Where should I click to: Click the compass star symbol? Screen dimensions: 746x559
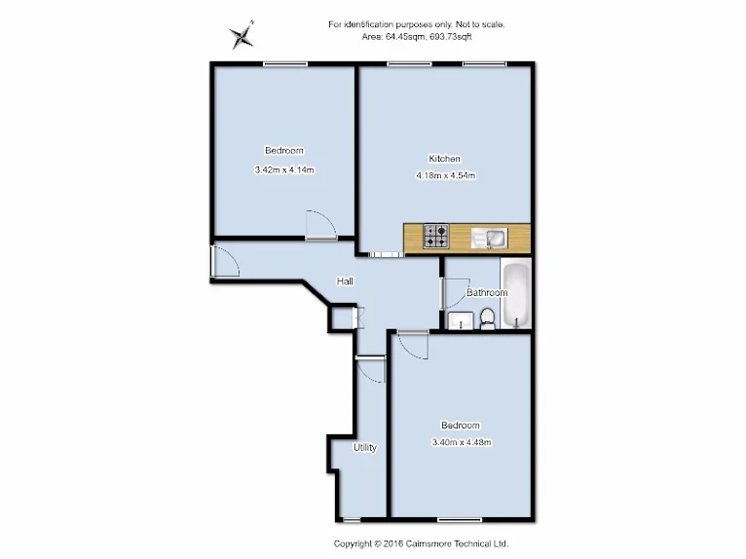point(242,36)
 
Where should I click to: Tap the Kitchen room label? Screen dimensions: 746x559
point(444,159)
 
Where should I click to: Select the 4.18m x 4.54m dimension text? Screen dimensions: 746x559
point(445,175)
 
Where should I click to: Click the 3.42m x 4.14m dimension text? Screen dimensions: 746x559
point(284,169)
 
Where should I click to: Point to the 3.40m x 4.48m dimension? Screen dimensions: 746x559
point(461,442)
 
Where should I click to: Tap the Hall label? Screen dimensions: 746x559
point(345,281)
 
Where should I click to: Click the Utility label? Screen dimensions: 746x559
point(365,447)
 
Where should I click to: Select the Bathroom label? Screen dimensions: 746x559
point(487,292)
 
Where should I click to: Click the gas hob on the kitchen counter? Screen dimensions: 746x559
point(436,236)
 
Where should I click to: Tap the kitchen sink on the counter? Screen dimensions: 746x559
point(490,238)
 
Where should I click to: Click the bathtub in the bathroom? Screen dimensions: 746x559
point(517,294)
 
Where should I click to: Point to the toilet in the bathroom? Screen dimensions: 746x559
point(488,318)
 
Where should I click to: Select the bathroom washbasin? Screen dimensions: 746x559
point(461,320)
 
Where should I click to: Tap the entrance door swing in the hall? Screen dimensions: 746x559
point(225,261)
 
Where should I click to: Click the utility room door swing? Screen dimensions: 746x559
point(371,370)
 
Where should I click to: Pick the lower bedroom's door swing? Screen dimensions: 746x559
point(413,345)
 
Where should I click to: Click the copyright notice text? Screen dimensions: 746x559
point(421,543)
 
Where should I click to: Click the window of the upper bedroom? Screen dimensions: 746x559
point(285,63)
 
